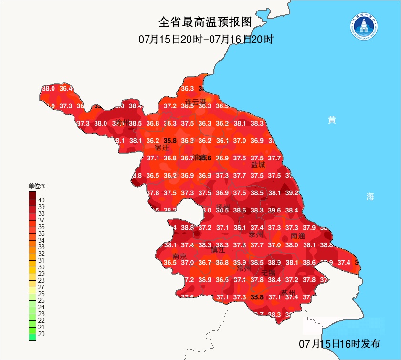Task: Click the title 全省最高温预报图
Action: coord(205,22)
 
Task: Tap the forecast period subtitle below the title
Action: coord(205,39)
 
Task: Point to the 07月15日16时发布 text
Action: coord(339,344)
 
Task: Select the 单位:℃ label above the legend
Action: coord(38,185)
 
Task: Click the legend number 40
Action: coord(42,200)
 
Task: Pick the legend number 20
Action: coord(42,334)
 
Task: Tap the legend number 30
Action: coord(42,267)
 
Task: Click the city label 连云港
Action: coord(195,102)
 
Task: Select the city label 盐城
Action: coord(258,165)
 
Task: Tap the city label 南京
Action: coord(179,256)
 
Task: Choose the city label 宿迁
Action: coord(161,148)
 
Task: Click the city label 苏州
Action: coord(288,293)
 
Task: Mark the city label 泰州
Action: coord(256,234)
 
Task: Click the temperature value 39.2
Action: coord(292,193)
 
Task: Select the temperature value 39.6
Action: coord(274,210)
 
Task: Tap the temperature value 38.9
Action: coord(274,262)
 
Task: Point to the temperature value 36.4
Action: coord(66,88)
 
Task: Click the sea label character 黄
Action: coord(332,120)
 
